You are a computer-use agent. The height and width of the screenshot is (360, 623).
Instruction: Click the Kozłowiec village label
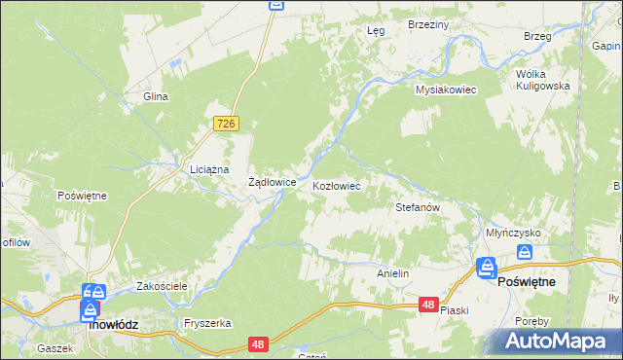[x=337, y=185]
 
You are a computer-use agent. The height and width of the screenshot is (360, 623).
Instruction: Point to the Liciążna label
[x=208, y=168]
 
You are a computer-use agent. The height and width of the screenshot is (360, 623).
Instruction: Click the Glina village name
[x=157, y=96]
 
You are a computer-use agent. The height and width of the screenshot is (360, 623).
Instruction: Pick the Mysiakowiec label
[x=445, y=90]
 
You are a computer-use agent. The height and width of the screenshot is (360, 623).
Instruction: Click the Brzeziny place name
[x=427, y=24]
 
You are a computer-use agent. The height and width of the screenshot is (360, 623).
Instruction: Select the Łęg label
[x=376, y=30]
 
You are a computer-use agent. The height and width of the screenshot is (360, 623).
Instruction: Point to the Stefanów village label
[x=419, y=207]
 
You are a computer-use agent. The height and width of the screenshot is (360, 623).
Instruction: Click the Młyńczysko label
[x=513, y=233]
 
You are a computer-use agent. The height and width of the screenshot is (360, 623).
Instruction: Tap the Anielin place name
[x=392, y=274]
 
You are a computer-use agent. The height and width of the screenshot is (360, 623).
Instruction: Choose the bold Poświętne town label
[x=527, y=281]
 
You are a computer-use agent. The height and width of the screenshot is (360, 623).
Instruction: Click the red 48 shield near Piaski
[x=428, y=305]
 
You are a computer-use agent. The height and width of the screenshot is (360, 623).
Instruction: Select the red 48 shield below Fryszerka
[x=258, y=343]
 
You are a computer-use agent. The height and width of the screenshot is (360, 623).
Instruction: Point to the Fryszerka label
[x=206, y=323]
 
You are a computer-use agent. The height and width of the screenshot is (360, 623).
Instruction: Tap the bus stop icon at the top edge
[x=275, y=6]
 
